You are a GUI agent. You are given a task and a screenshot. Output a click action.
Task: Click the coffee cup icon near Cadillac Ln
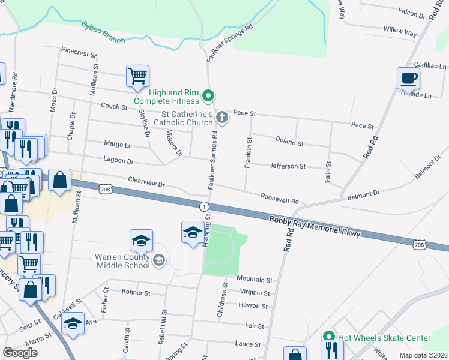[408, 78]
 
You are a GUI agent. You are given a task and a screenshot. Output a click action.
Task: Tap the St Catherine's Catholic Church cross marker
[222, 116]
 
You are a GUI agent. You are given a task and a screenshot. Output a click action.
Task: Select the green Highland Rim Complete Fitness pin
[208, 95]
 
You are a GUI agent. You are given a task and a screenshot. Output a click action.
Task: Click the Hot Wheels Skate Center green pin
[328, 338]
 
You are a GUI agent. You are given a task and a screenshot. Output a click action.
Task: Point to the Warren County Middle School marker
[159, 260]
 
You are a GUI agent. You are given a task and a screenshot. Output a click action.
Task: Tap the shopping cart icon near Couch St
[137, 76]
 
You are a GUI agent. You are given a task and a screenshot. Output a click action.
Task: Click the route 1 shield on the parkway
[205, 206]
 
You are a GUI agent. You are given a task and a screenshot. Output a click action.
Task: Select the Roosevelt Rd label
[279, 197]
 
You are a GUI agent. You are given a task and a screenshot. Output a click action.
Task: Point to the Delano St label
[289, 142]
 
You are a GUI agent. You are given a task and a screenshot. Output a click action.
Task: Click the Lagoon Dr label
[117, 161]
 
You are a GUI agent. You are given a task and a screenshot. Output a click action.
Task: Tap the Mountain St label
[255, 280]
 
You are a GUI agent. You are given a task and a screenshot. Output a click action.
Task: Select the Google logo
[20, 352]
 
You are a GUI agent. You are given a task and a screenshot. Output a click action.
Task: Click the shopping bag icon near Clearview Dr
[60, 181]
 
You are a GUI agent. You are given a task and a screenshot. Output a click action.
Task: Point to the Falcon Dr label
[411, 12]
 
